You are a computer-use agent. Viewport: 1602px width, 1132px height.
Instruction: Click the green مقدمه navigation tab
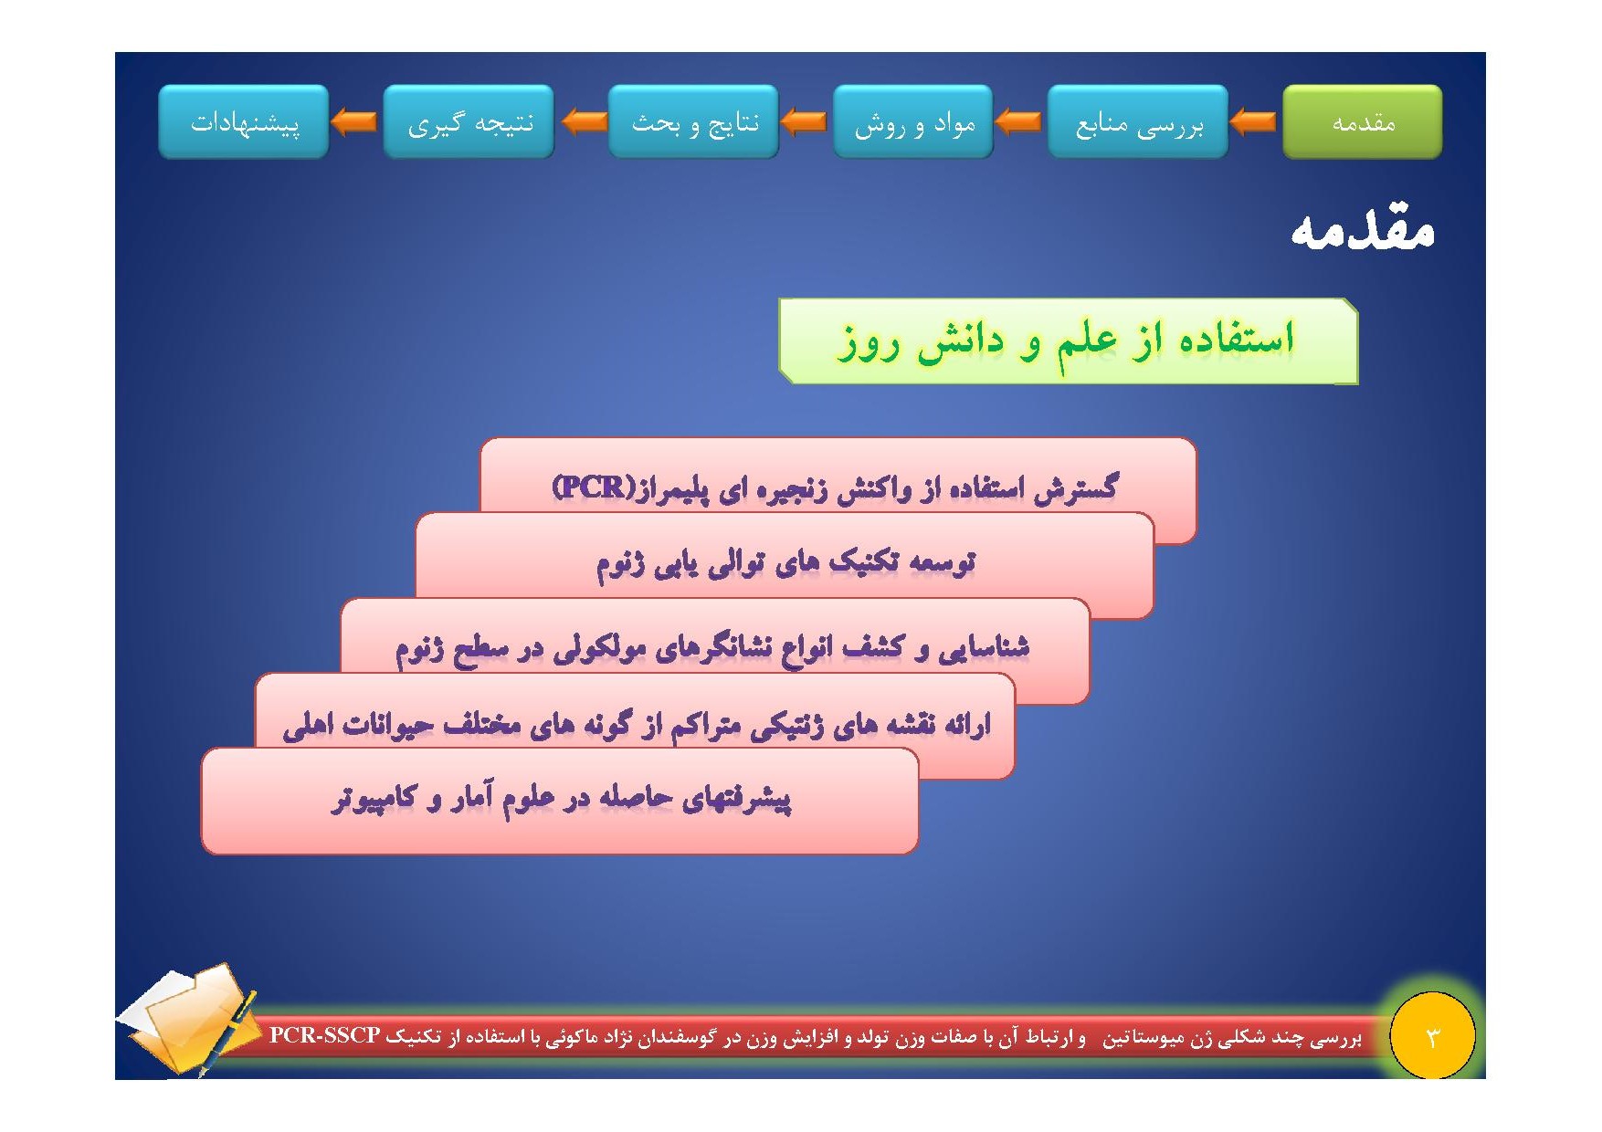(x=1362, y=121)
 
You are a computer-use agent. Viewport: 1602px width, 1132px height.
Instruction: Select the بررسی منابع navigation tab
(x=1138, y=121)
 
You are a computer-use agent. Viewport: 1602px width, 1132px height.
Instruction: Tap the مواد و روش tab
(x=913, y=121)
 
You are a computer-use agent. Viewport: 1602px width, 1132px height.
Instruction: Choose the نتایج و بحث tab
(x=693, y=121)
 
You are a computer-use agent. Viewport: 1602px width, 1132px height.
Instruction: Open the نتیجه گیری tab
(x=469, y=121)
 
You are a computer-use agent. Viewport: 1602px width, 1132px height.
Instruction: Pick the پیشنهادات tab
(x=244, y=121)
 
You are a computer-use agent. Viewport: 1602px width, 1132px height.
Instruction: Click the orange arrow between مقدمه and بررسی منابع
(x=1253, y=121)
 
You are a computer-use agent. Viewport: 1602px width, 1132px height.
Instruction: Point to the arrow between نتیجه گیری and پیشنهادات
(x=353, y=121)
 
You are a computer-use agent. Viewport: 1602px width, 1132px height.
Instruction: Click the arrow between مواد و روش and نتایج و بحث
(x=805, y=121)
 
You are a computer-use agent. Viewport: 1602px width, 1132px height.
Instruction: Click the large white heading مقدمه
(x=1362, y=229)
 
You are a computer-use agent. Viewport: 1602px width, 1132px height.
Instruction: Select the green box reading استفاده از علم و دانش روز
(x=1068, y=341)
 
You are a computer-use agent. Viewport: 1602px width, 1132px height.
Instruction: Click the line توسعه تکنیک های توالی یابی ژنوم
(x=785, y=561)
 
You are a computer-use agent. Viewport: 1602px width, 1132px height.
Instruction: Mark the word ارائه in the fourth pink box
(x=966, y=724)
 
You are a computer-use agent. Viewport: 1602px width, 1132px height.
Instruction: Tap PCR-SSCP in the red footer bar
(x=324, y=1035)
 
